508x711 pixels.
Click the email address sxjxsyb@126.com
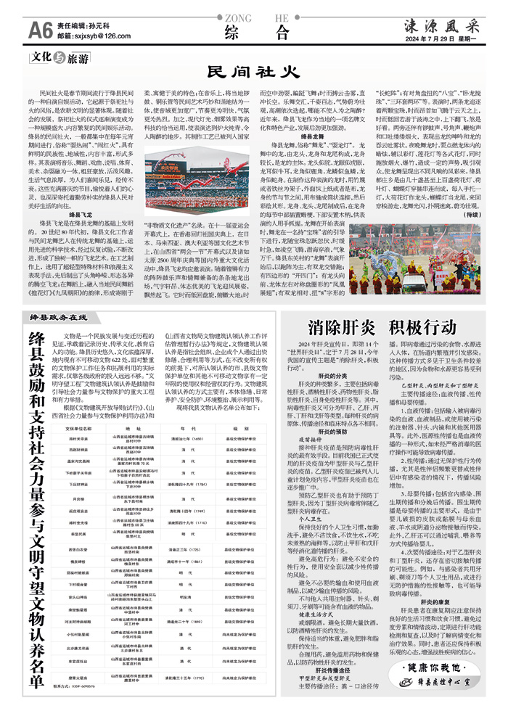point(90,35)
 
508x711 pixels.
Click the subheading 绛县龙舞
point(292,137)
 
